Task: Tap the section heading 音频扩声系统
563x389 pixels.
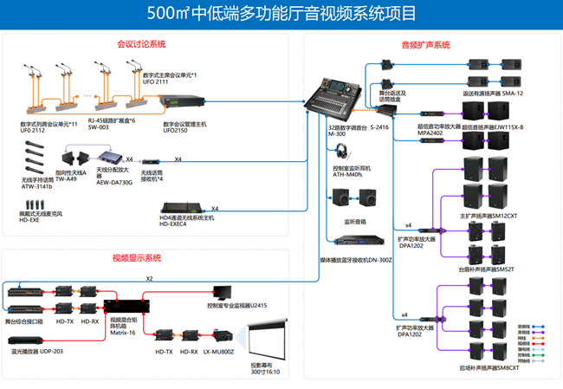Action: (x=424, y=44)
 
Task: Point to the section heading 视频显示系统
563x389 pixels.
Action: (x=137, y=258)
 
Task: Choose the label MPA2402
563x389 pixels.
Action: (x=430, y=134)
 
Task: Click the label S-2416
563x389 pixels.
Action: (x=379, y=127)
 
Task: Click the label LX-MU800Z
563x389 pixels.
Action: (x=219, y=352)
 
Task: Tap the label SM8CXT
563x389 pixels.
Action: (x=508, y=367)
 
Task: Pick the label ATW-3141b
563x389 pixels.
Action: (x=36, y=186)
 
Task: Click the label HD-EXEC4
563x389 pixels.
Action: (x=172, y=224)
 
